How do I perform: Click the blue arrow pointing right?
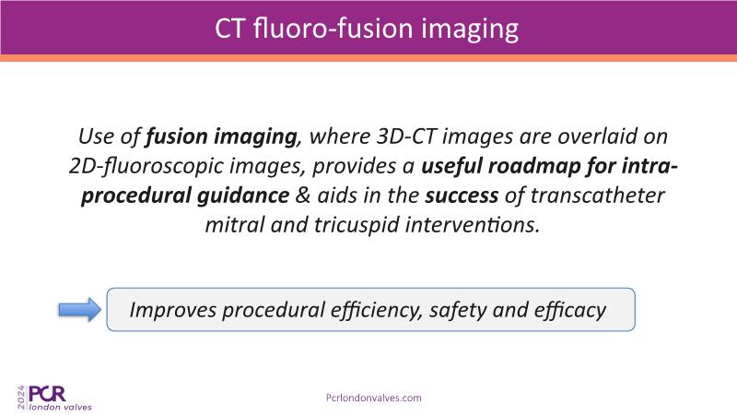[80, 310]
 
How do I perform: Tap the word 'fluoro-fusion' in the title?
[333, 28]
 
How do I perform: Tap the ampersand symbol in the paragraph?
[303, 196]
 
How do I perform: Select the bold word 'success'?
[462, 196]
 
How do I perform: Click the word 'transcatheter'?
[597, 196]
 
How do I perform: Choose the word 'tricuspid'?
[356, 225]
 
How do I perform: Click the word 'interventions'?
[472, 225]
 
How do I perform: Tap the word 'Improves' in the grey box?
[172, 310]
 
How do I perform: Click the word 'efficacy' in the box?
[570, 310]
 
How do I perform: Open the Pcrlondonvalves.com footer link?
[374, 397]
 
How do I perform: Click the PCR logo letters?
[47, 394]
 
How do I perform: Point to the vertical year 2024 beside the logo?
[21, 397]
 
